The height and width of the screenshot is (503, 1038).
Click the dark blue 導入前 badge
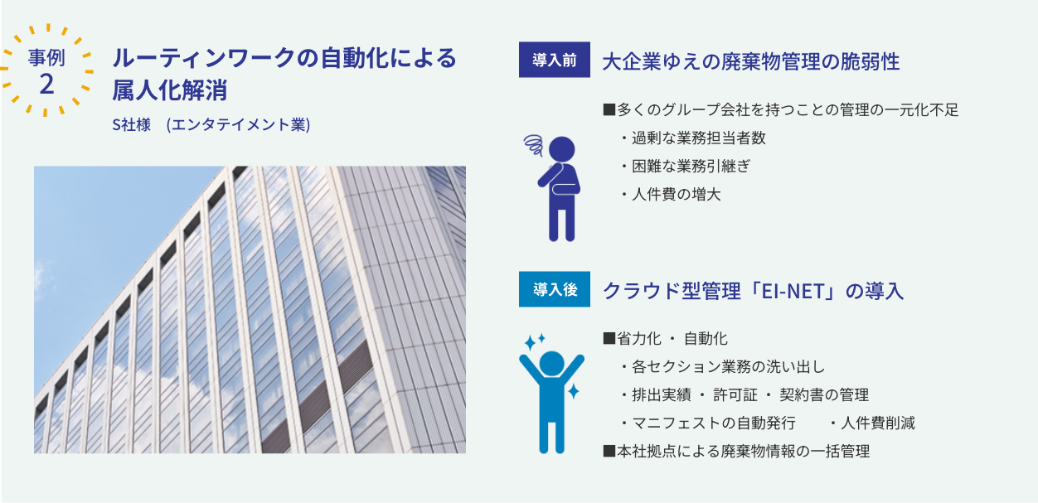tap(554, 60)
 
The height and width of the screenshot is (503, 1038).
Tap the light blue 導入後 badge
tap(554, 289)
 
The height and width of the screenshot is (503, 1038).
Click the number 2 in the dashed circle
tap(46, 85)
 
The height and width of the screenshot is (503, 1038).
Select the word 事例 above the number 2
tap(46, 58)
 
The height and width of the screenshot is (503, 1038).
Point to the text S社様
tap(132, 124)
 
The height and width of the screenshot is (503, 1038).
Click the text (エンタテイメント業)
tap(238, 124)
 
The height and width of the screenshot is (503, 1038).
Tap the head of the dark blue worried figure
tap(561, 149)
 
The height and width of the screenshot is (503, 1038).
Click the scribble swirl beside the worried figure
tap(534, 145)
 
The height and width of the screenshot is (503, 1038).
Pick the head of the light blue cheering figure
tap(552, 363)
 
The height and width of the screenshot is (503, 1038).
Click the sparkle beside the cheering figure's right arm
tap(573, 391)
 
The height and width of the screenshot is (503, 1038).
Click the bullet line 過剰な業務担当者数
tap(693, 138)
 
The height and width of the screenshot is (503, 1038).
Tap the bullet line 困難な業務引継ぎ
tap(686, 167)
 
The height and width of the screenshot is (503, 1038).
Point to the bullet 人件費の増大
tap(671, 195)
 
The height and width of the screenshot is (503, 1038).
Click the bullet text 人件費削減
tap(872, 423)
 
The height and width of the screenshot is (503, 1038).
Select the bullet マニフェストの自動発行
tap(708, 423)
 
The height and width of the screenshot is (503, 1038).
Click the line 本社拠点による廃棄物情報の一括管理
tap(736, 451)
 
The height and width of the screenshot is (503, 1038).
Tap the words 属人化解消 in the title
tap(170, 89)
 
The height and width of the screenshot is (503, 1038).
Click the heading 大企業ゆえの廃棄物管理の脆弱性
tap(750, 61)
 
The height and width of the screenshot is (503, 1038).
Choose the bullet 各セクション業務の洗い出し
tap(723, 367)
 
